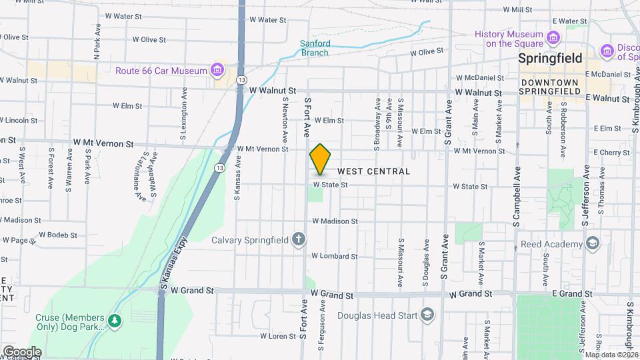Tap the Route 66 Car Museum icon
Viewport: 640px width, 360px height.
click(x=217, y=70)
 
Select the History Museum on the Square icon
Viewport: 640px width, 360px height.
click(x=552, y=36)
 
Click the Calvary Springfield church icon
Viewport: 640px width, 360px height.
click(x=299, y=239)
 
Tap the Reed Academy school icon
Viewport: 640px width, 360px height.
click(x=592, y=244)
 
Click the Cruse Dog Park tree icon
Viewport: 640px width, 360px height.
click(x=115, y=321)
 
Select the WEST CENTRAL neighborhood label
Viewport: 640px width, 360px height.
click(x=373, y=171)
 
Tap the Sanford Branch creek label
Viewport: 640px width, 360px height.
click(x=314, y=47)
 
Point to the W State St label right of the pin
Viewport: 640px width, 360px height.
click(x=331, y=185)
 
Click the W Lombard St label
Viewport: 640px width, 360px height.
click(x=335, y=256)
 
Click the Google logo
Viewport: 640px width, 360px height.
click(x=22, y=352)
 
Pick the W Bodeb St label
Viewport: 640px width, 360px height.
click(x=59, y=234)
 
